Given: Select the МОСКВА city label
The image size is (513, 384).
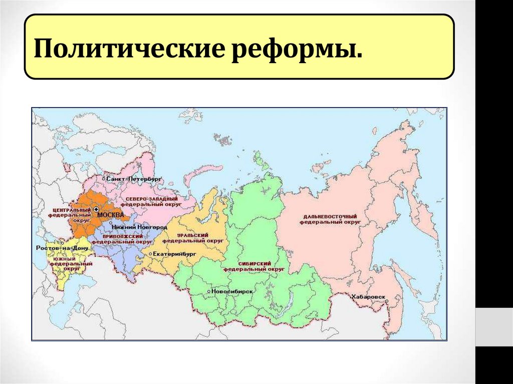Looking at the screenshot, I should pos(111,215).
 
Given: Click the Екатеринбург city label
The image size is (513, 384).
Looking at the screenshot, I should pos(175,254).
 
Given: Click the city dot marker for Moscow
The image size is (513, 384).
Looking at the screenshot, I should pos(96,209).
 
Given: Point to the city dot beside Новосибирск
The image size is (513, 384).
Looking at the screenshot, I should pos(208,291).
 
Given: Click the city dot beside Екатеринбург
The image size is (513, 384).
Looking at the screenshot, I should pos(150,254).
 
